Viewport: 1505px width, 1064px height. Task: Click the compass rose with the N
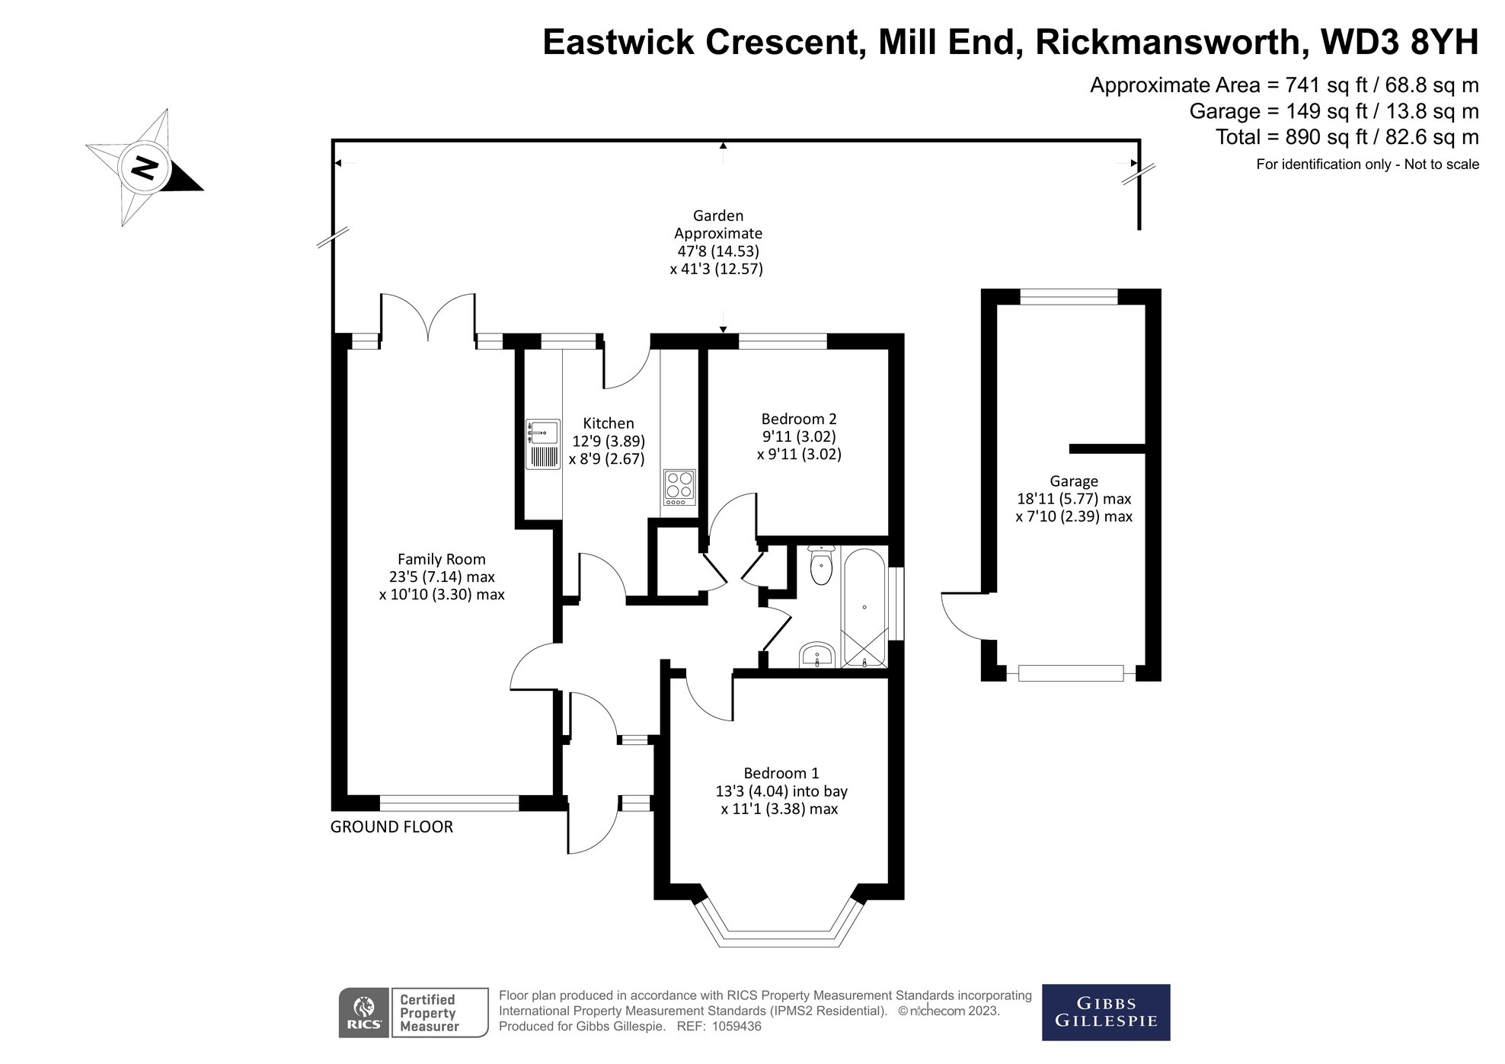[x=143, y=168]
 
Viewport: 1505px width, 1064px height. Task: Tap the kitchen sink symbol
[x=542, y=444]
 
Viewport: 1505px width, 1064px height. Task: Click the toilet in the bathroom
[x=821, y=566]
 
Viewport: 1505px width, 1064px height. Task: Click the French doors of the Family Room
[x=428, y=316]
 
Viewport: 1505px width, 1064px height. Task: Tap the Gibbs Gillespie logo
[x=1105, y=1012]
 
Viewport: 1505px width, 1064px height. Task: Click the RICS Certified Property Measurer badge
[x=413, y=1012]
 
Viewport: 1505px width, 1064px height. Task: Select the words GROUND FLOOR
[x=391, y=826]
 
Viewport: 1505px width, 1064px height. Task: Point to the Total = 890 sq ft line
[x=1347, y=137]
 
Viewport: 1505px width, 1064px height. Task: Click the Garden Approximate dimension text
[x=717, y=242]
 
